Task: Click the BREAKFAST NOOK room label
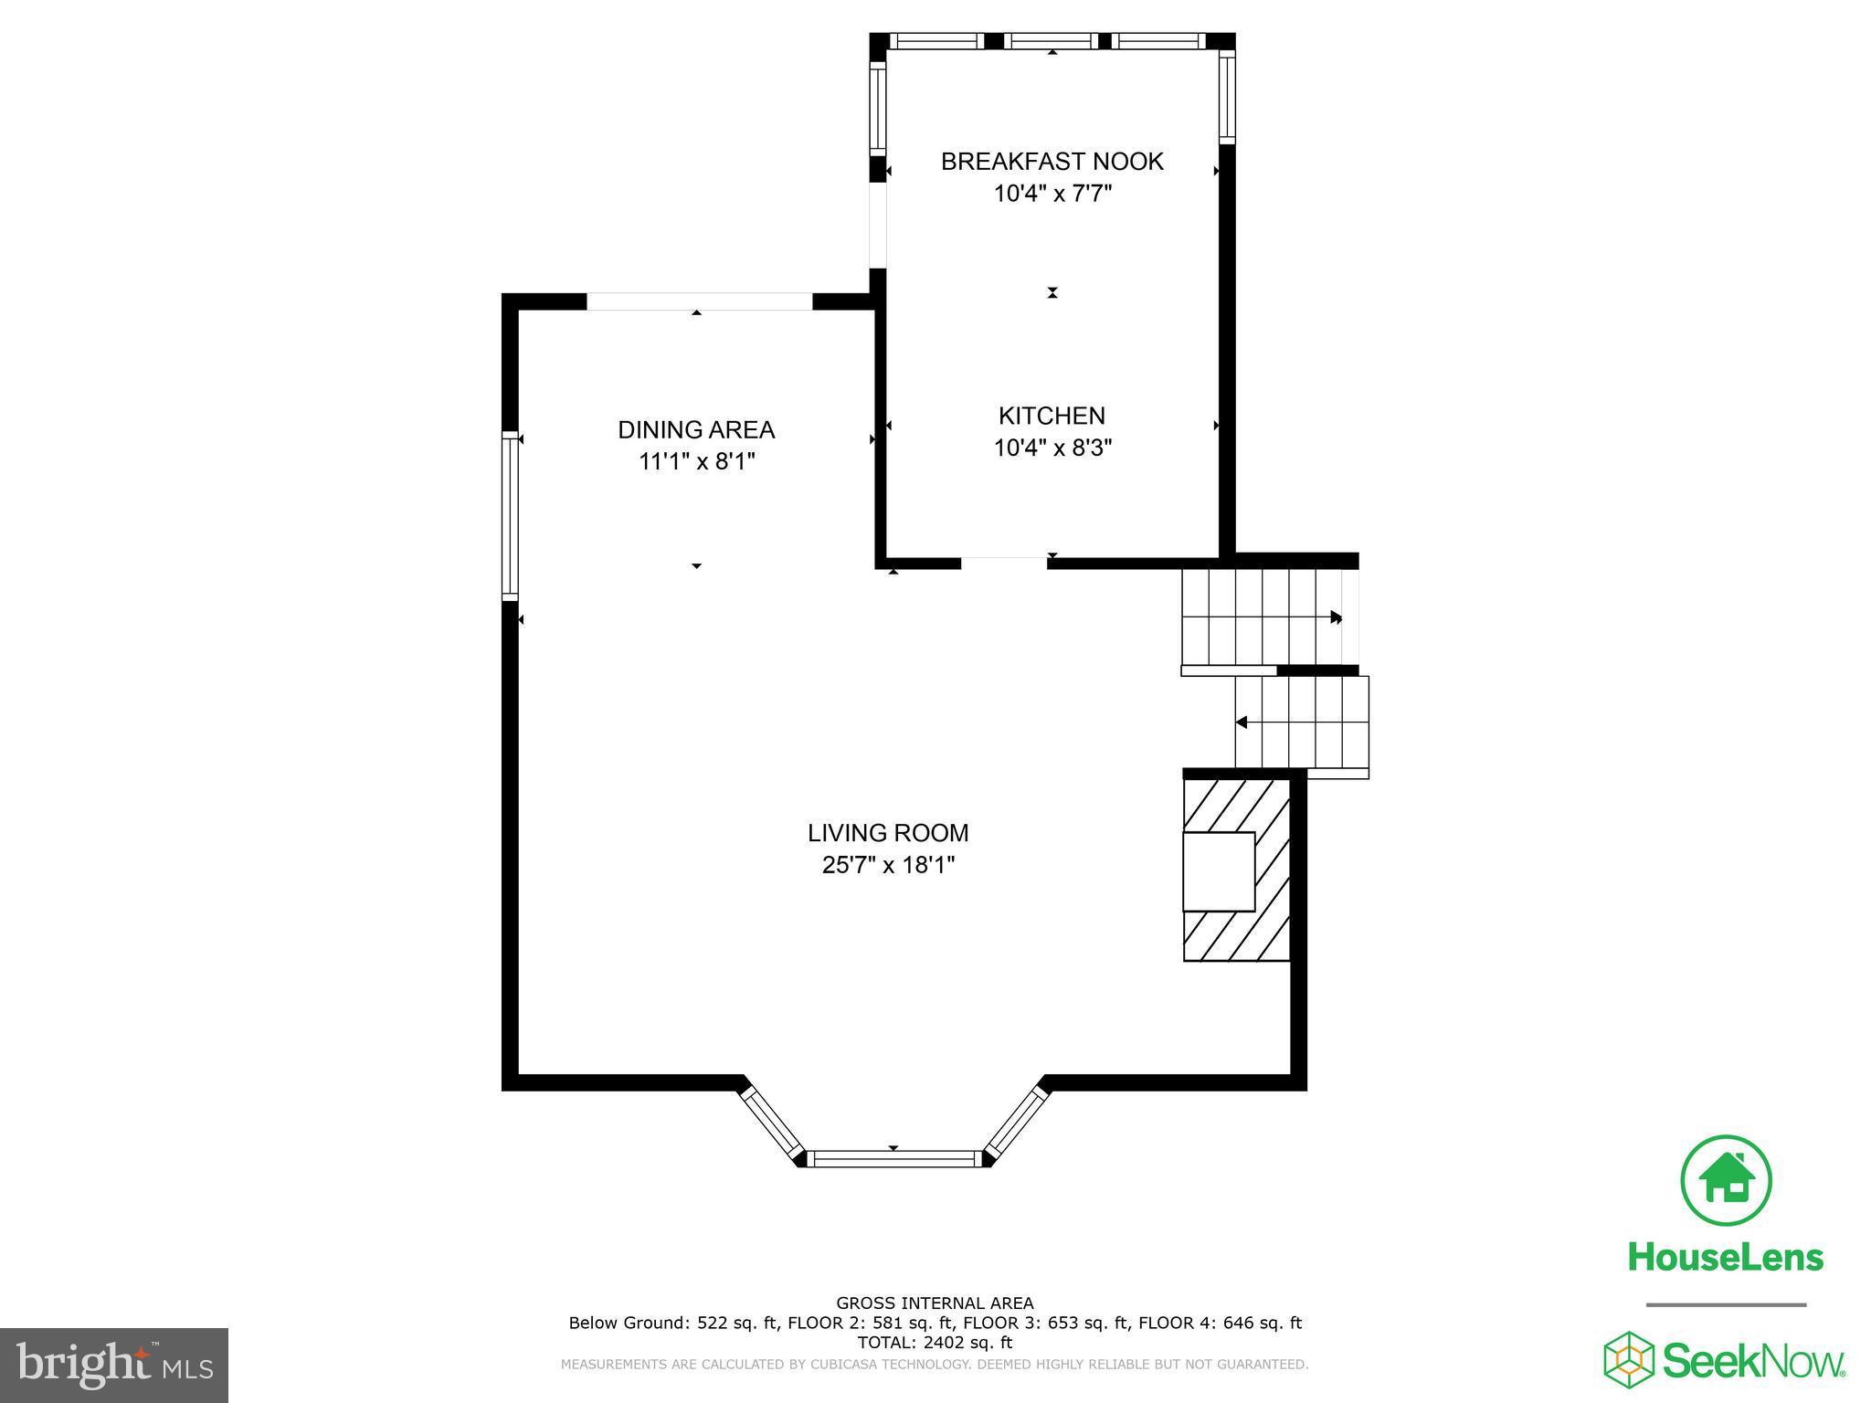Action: click(1052, 162)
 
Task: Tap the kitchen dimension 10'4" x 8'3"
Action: click(1052, 448)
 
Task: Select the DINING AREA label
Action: click(696, 429)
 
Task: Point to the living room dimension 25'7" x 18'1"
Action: click(888, 864)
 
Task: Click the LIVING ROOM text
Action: click(888, 832)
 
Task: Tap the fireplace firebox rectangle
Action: click(1218, 870)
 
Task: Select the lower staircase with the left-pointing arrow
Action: click(1301, 723)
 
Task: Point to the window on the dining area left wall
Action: click(510, 516)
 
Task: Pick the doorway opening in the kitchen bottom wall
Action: click(1003, 563)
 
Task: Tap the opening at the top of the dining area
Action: click(699, 301)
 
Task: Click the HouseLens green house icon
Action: click(1726, 1180)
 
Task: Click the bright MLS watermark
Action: click(114, 1365)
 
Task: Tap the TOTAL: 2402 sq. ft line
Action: click(935, 1342)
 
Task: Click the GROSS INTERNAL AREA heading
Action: click(935, 1303)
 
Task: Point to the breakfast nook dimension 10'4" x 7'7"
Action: click(1052, 194)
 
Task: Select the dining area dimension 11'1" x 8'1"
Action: click(696, 461)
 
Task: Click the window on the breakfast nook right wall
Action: click(1227, 96)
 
